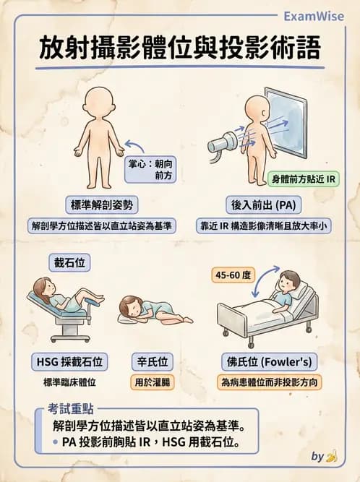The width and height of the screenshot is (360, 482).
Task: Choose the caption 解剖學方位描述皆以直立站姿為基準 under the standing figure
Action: tap(101, 225)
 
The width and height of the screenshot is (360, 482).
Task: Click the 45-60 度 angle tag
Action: tap(233, 275)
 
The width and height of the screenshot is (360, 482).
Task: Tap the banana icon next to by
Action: tap(333, 456)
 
